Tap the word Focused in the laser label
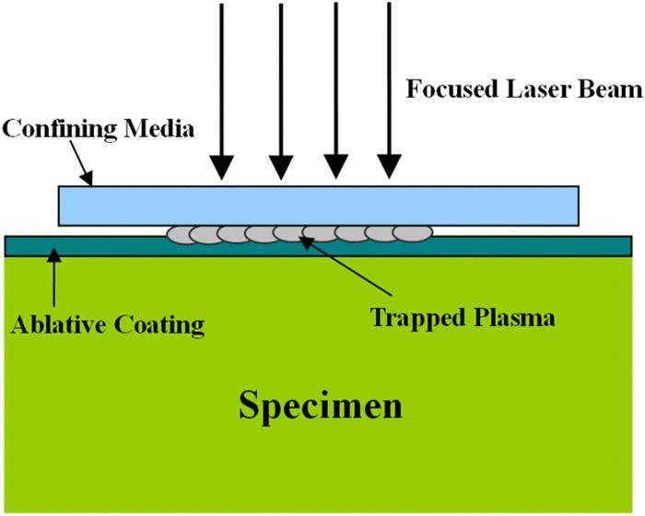click(x=442, y=90)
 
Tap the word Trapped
click(x=414, y=318)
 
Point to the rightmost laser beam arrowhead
click(x=392, y=167)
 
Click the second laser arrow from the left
click(x=279, y=92)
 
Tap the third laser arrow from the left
click(x=335, y=92)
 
